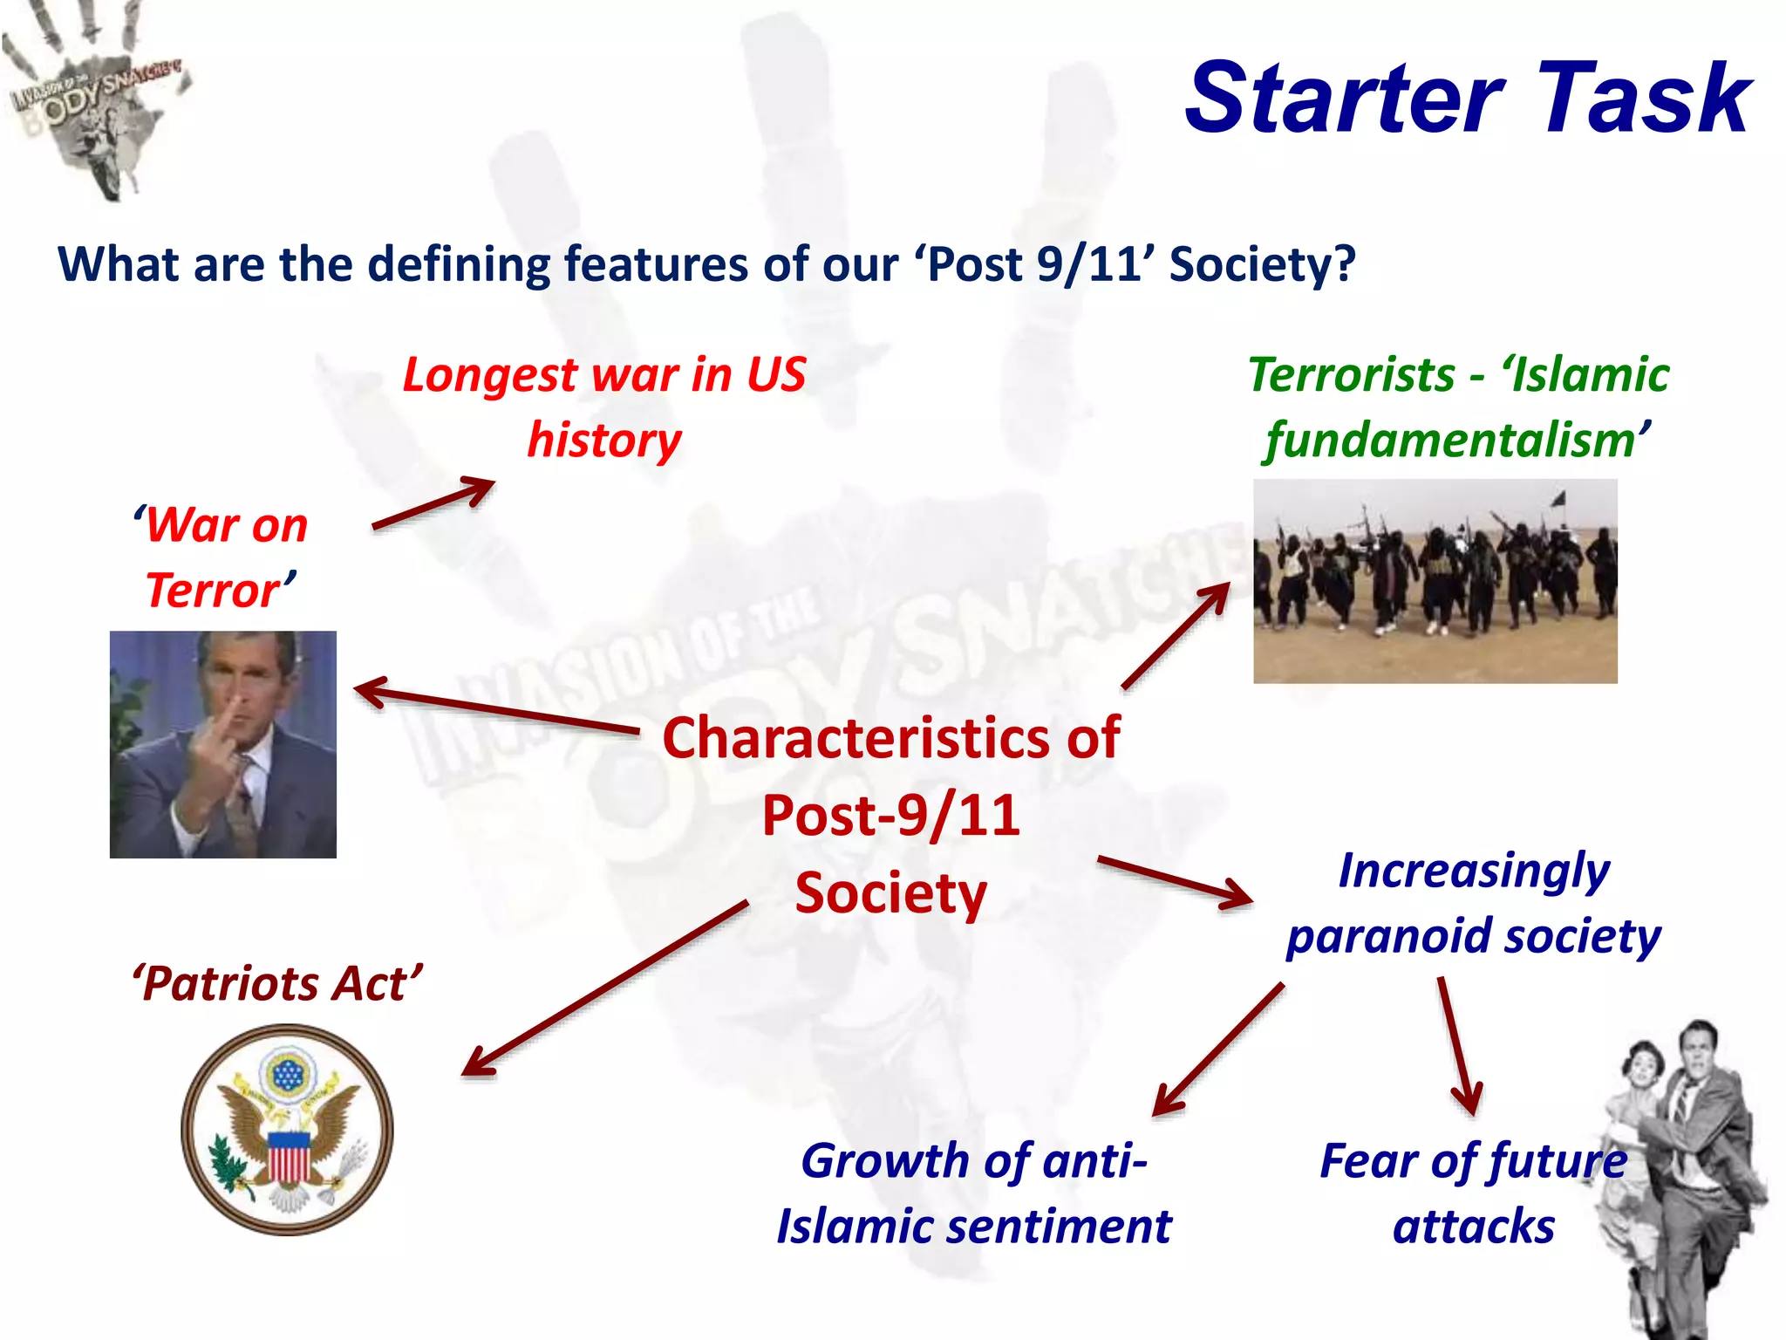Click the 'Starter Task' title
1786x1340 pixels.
pos(1468,98)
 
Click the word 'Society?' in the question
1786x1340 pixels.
pos(1262,264)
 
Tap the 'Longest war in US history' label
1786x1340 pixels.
pos(604,407)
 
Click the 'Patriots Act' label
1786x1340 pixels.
pos(277,983)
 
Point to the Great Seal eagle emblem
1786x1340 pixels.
pos(287,1130)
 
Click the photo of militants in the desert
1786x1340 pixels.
pos(1435,581)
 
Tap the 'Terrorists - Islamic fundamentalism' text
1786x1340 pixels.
pos(1458,407)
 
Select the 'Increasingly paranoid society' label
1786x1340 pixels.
pos(1474,903)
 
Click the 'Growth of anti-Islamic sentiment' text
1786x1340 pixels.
pos(974,1193)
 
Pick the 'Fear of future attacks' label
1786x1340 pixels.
pos(1474,1193)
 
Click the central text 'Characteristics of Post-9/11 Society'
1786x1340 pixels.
pos(890,815)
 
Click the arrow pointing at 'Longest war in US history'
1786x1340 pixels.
pos(433,503)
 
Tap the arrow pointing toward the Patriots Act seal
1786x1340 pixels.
pos(604,988)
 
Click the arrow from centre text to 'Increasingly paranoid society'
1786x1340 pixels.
pos(1175,881)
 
